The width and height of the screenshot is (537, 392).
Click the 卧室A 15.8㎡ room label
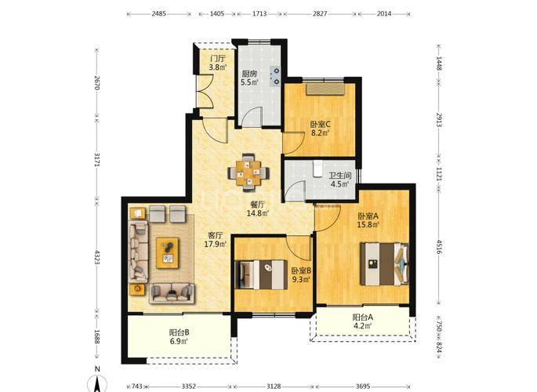pyautogui.click(x=368, y=220)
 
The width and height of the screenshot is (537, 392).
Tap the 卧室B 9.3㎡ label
pyautogui.click(x=301, y=275)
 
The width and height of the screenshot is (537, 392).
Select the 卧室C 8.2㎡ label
pyautogui.click(x=320, y=128)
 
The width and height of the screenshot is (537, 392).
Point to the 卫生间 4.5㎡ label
pyautogui.click(x=340, y=180)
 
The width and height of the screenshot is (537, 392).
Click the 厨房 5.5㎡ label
pyautogui.click(x=249, y=78)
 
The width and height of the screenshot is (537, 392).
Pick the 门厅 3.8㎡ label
pyautogui.click(x=218, y=63)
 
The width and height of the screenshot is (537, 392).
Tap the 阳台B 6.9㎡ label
pyautogui.click(x=179, y=336)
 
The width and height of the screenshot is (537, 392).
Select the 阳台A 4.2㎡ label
pyautogui.click(x=363, y=321)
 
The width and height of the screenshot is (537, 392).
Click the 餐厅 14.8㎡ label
pyautogui.click(x=258, y=209)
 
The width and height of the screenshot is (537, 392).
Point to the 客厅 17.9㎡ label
pyautogui.click(x=216, y=240)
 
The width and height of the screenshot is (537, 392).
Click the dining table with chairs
pyautogui.click(x=249, y=172)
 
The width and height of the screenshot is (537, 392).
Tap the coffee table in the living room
pyautogui.click(x=168, y=253)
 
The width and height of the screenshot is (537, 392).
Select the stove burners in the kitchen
pyautogui.click(x=276, y=76)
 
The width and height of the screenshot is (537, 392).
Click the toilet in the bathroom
pyautogui.click(x=317, y=169)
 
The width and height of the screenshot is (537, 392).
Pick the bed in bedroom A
pyautogui.click(x=384, y=264)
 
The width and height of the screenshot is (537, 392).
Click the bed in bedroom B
pyautogui.click(x=261, y=275)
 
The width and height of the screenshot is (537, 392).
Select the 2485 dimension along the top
pyautogui.click(x=158, y=13)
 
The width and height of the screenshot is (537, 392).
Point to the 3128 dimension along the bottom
pyautogui.click(x=274, y=387)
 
